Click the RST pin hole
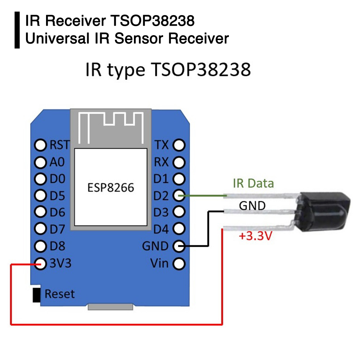click(x=40, y=145)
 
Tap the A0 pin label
click(x=57, y=162)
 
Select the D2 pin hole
click(x=179, y=195)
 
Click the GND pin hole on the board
click(x=179, y=246)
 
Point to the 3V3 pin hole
click(x=40, y=263)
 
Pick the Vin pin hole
click(x=179, y=263)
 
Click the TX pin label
click(x=162, y=144)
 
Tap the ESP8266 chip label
click(x=110, y=187)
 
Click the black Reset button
click(x=36, y=295)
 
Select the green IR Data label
click(x=253, y=183)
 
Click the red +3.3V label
click(x=256, y=236)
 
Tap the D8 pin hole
click(x=40, y=246)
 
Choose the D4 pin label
click(x=161, y=229)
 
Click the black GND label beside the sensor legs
click(x=252, y=205)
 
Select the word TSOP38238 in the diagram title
click(x=201, y=70)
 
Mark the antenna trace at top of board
click(x=110, y=127)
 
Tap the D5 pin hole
click(x=40, y=195)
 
